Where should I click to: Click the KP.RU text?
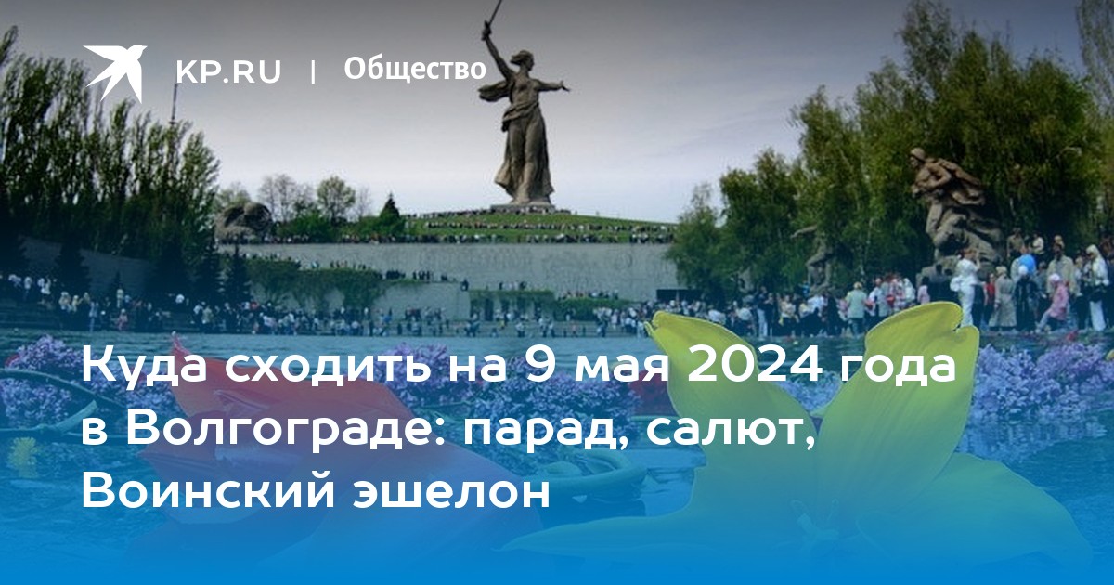pyautogui.click(x=228, y=71)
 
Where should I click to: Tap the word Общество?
pyautogui.click(x=415, y=69)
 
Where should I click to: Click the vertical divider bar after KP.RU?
pyautogui.click(x=313, y=71)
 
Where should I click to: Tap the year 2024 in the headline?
pyautogui.click(x=754, y=366)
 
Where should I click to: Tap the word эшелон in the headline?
pyautogui.click(x=452, y=494)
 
